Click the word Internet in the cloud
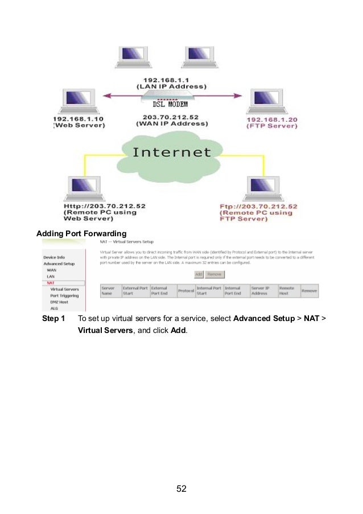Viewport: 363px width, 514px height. (x=171, y=153)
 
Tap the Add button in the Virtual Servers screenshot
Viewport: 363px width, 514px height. (x=199, y=274)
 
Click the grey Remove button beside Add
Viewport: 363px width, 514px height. (x=214, y=274)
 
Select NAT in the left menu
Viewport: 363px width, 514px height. (x=51, y=283)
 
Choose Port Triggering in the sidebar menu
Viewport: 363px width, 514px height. (x=64, y=295)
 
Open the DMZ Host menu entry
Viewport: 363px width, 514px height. (x=60, y=302)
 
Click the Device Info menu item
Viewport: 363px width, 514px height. (x=54, y=257)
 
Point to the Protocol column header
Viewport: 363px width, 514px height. (x=186, y=291)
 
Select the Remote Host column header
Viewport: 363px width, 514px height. (x=287, y=291)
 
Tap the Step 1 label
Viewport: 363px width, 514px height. (x=54, y=318)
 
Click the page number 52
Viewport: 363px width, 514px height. (x=181, y=488)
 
